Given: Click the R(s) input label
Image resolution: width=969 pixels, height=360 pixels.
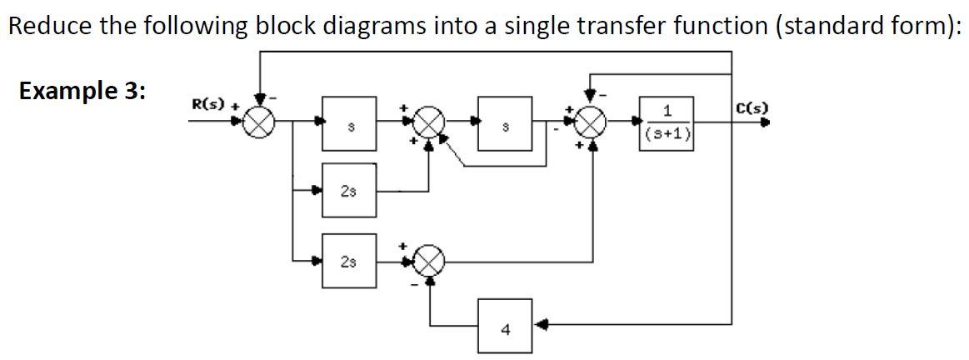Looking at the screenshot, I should (204, 105).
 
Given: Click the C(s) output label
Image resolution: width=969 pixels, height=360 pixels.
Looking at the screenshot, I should (753, 107).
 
